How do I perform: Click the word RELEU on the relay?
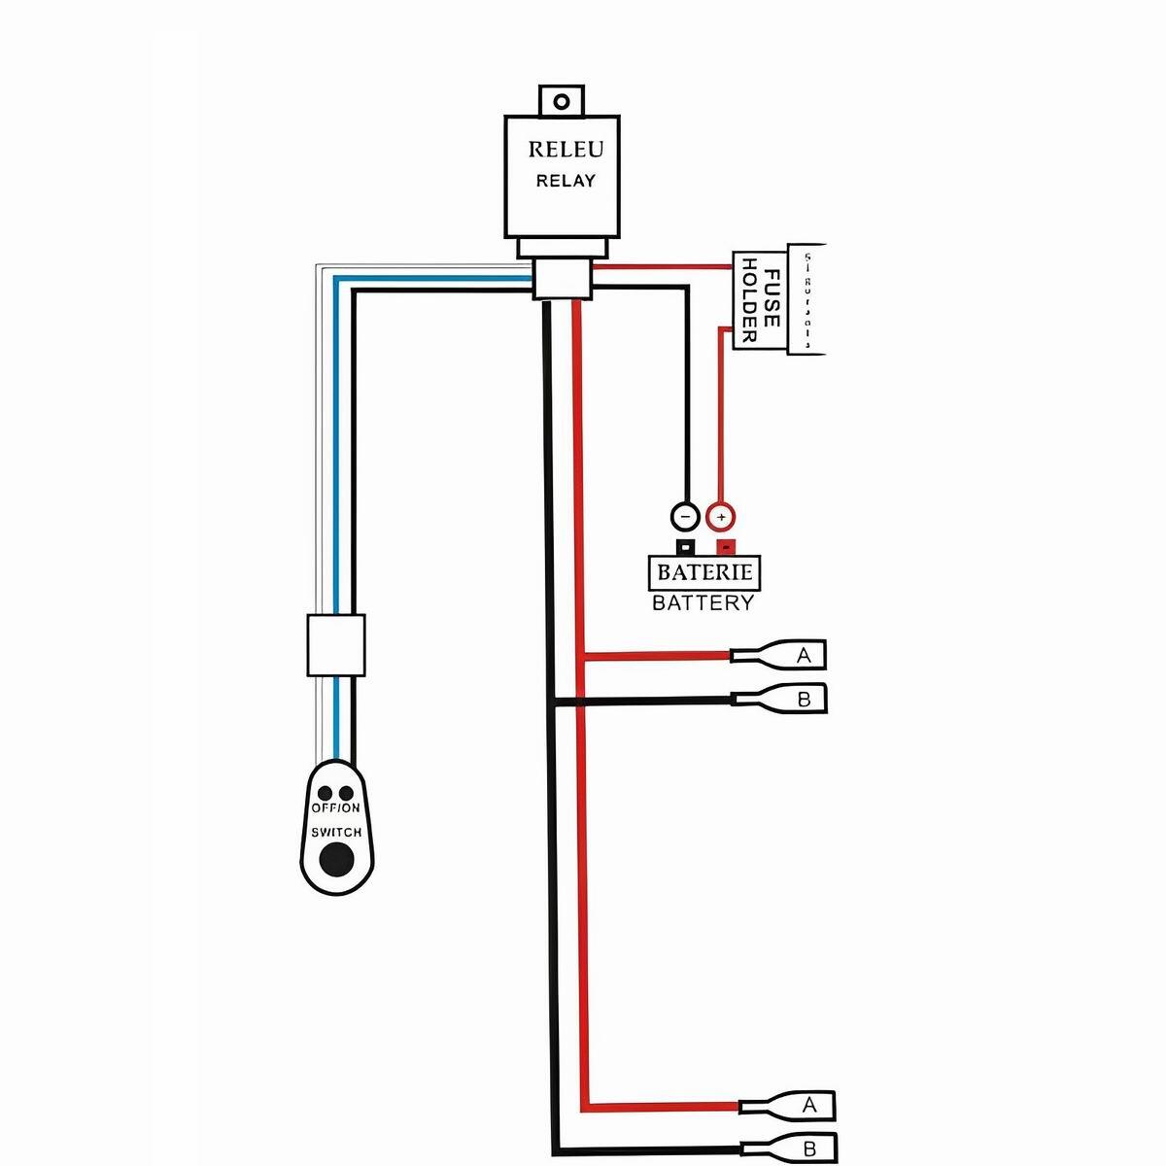click(566, 150)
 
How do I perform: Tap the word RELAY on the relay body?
click(566, 181)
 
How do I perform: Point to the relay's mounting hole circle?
click(561, 101)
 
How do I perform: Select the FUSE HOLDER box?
click(760, 302)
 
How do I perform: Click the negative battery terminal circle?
click(685, 516)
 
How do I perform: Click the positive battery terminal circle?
click(721, 516)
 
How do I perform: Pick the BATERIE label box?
click(704, 572)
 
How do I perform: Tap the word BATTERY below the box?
click(703, 603)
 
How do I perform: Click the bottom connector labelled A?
click(797, 1106)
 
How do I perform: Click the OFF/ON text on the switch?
click(336, 808)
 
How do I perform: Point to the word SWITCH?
click(336, 833)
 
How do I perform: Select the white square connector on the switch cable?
click(336, 644)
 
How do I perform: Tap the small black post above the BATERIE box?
click(685, 546)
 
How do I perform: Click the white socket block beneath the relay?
click(562, 280)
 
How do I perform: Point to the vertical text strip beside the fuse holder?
click(806, 299)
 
